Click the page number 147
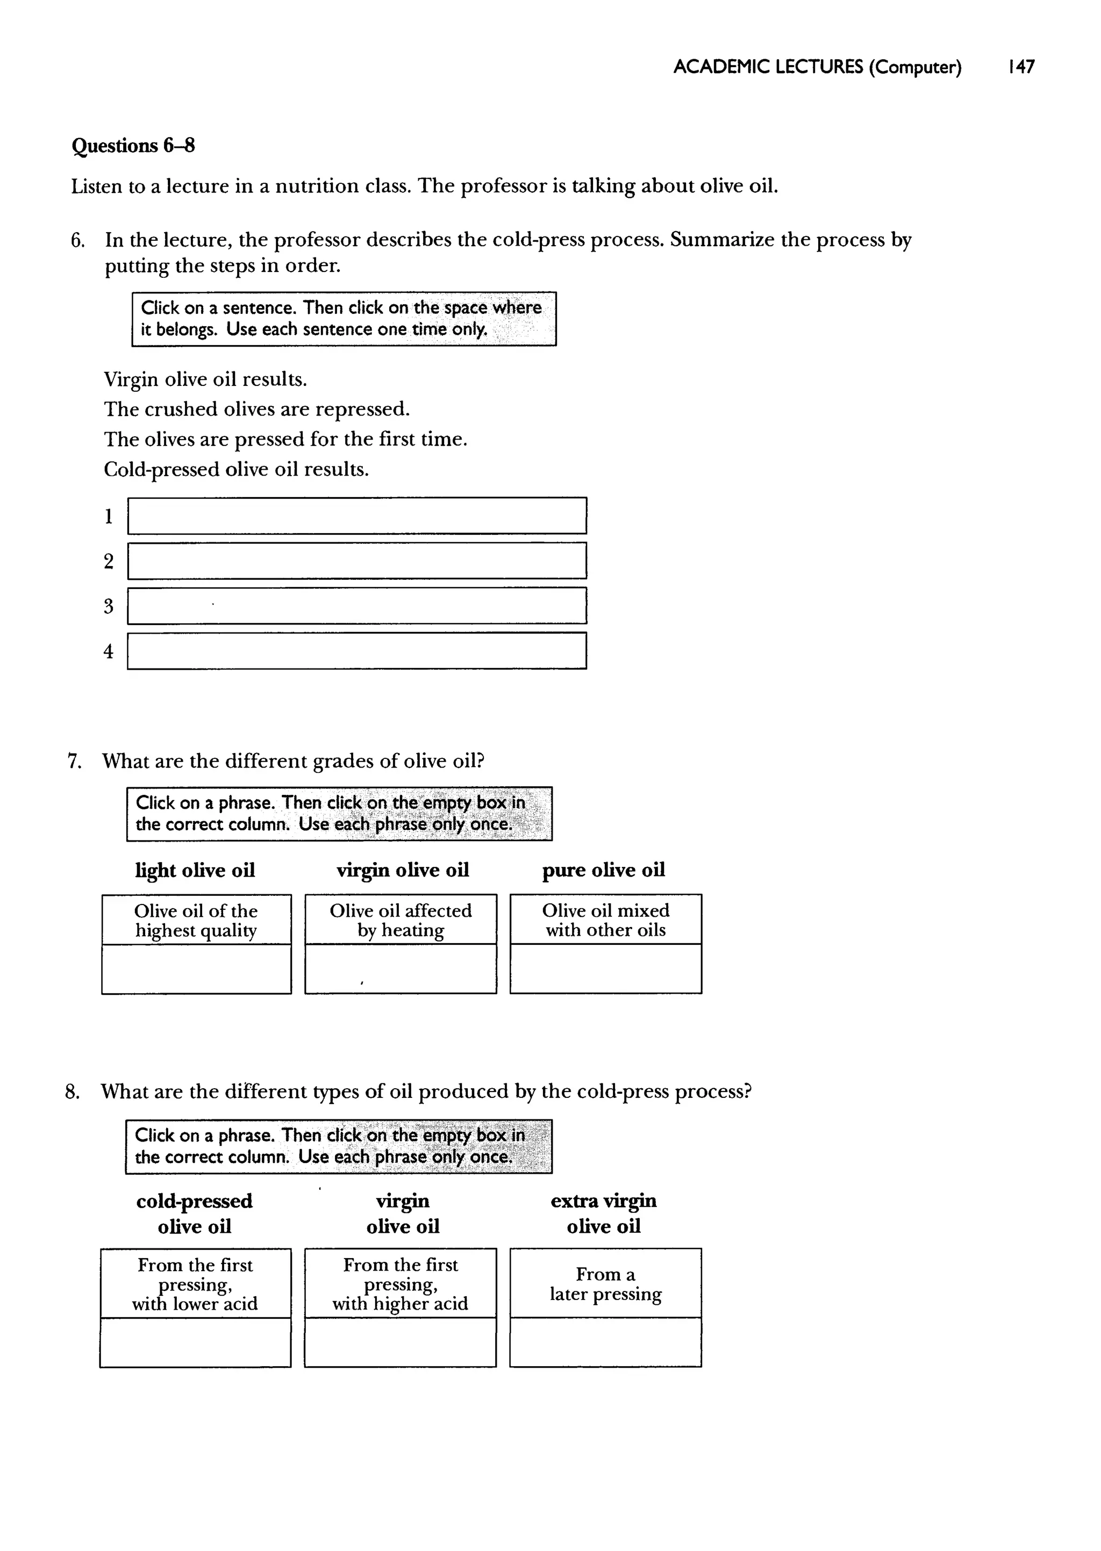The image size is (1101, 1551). (x=1021, y=67)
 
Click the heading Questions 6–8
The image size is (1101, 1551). (x=133, y=146)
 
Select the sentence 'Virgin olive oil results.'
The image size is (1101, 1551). (x=205, y=379)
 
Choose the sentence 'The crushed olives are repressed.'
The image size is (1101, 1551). (x=257, y=410)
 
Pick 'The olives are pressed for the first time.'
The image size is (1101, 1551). (x=285, y=439)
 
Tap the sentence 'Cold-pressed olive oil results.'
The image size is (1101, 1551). (x=236, y=470)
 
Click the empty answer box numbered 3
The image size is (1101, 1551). (x=356, y=606)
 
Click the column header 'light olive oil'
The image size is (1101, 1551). (x=195, y=871)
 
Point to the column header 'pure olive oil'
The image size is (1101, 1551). (x=603, y=870)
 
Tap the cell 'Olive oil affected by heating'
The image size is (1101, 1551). (x=401, y=920)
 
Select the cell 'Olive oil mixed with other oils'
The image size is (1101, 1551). (x=605, y=920)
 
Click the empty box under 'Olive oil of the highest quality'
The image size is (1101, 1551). (x=197, y=969)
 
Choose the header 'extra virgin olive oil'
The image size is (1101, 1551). (x=603, y=1213)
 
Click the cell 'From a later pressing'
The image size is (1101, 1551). (x=605, y=1284)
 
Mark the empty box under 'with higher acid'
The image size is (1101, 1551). (x=400, y=1342)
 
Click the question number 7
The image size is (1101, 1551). (x=75, y=762)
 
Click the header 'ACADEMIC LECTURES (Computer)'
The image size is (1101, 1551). (x=817, y=67)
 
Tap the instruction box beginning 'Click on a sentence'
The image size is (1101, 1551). (x=344, y=319)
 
